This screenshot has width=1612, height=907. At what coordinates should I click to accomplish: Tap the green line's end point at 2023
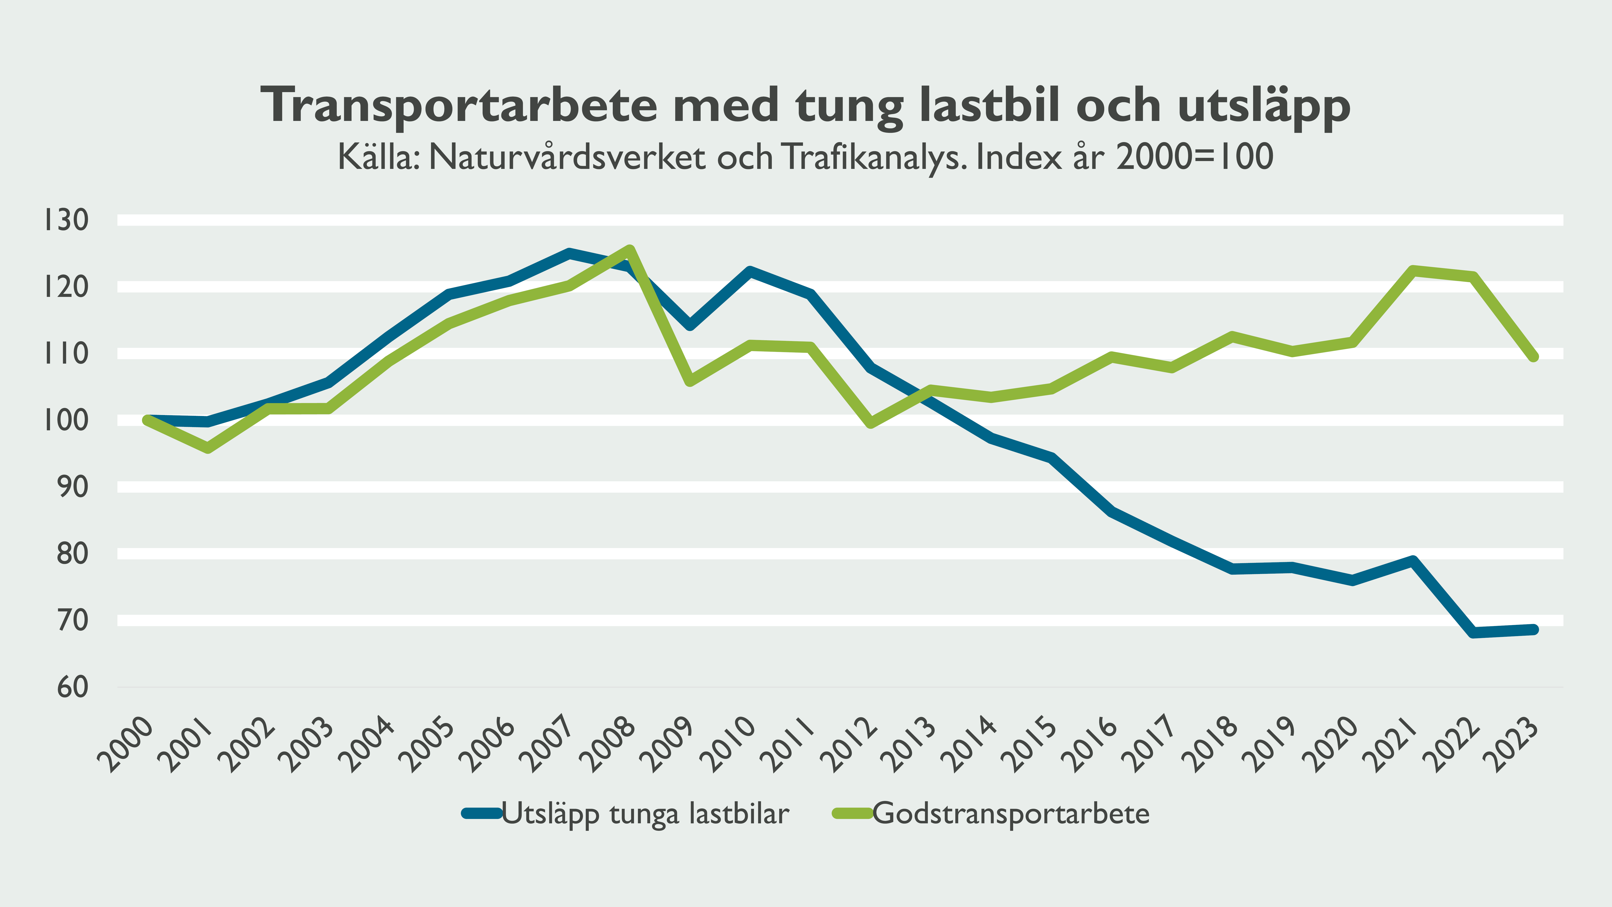(x=1533, y=357)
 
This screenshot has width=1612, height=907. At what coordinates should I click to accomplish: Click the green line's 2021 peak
(x=1413, y=270)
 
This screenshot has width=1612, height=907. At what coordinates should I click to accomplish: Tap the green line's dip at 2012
(x=870, y=423)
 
